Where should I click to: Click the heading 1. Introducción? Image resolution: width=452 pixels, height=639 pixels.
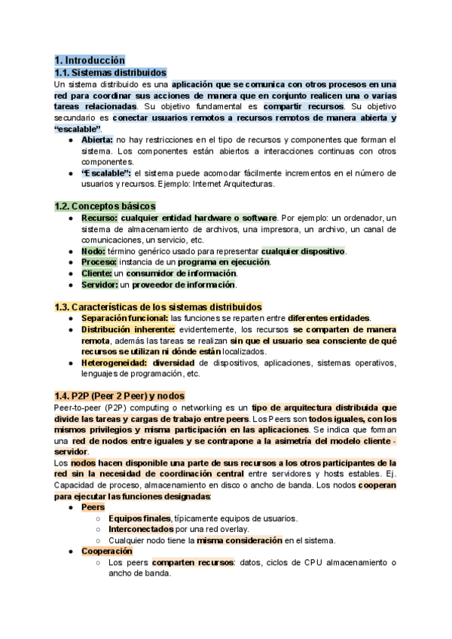click(90, 60)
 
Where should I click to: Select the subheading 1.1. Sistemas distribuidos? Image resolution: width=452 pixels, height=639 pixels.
click(111, 72)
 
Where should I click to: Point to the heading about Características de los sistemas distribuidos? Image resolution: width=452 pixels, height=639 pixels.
click(158, 307)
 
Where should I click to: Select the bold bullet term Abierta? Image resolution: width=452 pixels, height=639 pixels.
click(97, 140)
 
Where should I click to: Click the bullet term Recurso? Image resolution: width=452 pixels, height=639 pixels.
click(99, 218)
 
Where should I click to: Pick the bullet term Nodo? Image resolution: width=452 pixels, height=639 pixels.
click(93, 251)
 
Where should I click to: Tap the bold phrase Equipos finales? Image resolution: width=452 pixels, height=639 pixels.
click(140, 518)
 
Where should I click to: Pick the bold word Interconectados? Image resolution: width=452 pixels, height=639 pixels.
click(140, 529)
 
